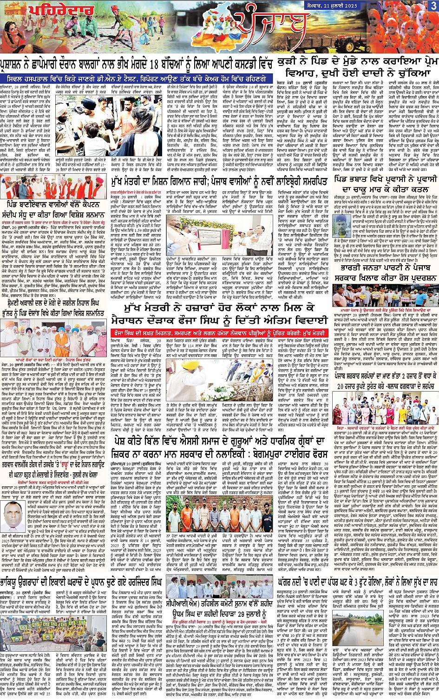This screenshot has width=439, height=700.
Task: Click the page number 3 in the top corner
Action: click(432, 6)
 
